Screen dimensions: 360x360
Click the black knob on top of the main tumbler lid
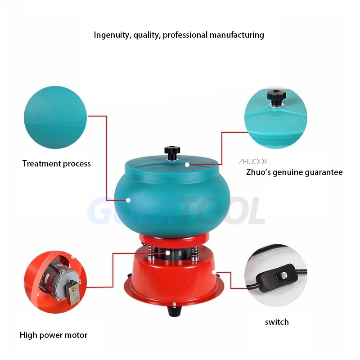tap(172, 153)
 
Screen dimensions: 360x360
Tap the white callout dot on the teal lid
tap(187, 165)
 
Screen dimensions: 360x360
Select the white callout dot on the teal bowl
tap(128, 200)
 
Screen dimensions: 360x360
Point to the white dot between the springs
tap(168, 253)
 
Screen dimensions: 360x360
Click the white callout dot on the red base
tap(214, 272)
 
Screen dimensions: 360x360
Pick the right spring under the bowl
tap(195, 253)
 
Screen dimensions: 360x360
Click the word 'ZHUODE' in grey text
tap(253, 162)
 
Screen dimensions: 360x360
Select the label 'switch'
tap(277, 322)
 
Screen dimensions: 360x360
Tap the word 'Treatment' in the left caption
tap(41, 163)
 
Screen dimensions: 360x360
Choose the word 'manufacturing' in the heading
tap(237, 35)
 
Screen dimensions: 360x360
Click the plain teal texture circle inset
tap(55, 117)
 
